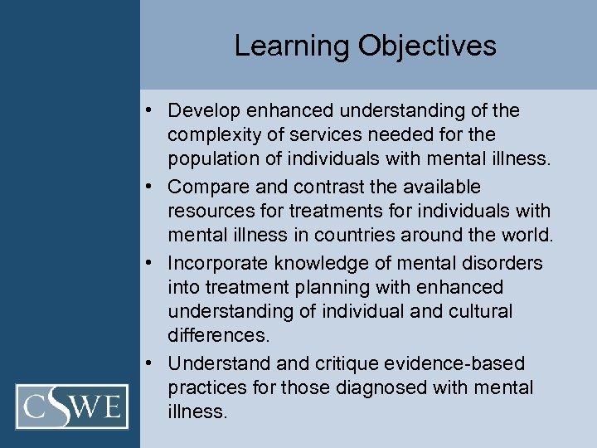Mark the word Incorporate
point(216,263)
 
